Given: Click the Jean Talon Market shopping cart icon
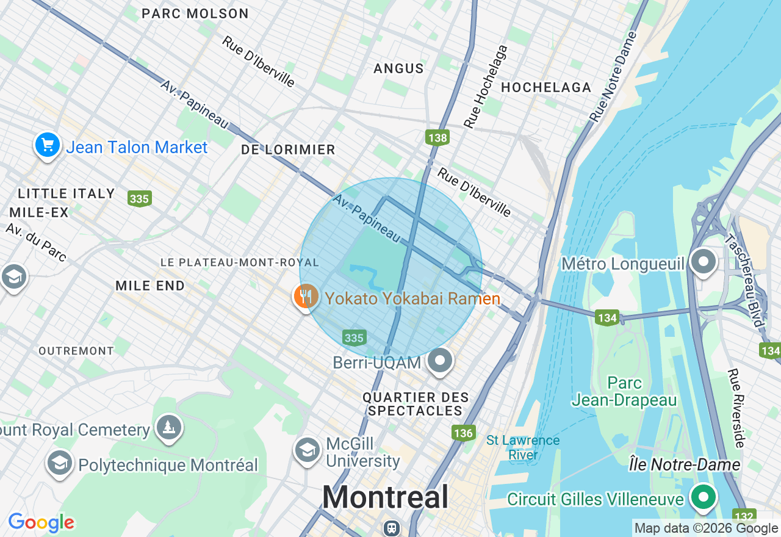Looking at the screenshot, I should tap(48, 145).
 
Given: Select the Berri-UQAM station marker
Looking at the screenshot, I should tap(439, 361).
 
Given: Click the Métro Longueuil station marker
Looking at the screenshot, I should tap(704, 262).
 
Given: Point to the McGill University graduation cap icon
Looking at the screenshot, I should tap(306, 450).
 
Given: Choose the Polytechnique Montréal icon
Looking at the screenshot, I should tap(59, 463).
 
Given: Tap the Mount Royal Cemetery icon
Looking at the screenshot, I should tap(168, 427).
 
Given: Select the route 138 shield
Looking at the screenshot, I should tap(437, 137).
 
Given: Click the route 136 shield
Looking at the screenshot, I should tap(464, 433).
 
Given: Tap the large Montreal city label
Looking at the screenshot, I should tap(386, 497).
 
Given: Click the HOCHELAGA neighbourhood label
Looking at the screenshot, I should tap(546, 87).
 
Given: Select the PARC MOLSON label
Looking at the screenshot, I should tap(195, 13).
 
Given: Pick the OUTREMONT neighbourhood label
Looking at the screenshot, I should tap(76, 351).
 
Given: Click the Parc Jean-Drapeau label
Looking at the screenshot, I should tap(624, 392).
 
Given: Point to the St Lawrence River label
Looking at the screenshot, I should tap(523, 447).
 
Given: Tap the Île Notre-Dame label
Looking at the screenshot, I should tap(685, 465).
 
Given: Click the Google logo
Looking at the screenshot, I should tap(41, 522).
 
